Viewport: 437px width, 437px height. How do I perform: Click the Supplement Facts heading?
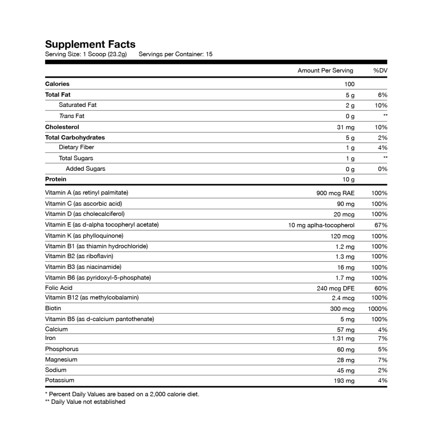pyautogui.click(x=90, y=44)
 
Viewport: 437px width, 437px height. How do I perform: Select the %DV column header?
pyautogui.click(x=380, y=70)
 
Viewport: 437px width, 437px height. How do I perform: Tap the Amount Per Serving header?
pyautogui.click(x=325, y=70)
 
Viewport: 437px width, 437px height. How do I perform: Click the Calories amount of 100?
pyautogui.click(x=349, y=84)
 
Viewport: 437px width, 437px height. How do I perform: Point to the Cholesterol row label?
pyautogui.click(x=62, y=127)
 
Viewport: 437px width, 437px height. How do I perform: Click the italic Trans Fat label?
pyautogui.click(x=71, y=116)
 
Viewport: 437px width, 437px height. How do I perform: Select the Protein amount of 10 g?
pyautogui.click(x=348, y=180)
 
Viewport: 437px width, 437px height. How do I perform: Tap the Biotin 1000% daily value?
pyautogui.click(x=378, y=309)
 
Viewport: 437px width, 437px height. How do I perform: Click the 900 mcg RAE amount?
pyautogui.click(x=335, y=193)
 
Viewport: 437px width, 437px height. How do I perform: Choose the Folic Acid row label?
pyautogui.click(x=58, y=288)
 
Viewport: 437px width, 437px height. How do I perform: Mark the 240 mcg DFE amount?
pyautogui.click(x=335, y=288)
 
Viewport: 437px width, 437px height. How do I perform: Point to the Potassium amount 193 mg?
pyautogui.click(x=344, y=381)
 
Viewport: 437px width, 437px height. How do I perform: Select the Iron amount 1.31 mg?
pyautogui.click(x=343, y=338)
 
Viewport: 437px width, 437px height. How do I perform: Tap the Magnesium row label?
pyautogui.click(x=61, y=359)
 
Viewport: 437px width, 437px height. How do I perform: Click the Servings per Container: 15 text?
pyautogui.click(x=175, y=54)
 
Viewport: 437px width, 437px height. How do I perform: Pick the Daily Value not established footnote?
pyautogui.click(x=85, y=402)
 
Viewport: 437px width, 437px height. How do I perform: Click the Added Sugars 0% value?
pyautogui.click(x=383, y=169)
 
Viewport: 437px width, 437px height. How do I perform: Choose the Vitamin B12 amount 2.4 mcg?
pyautogui.click(x=343, y=298)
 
